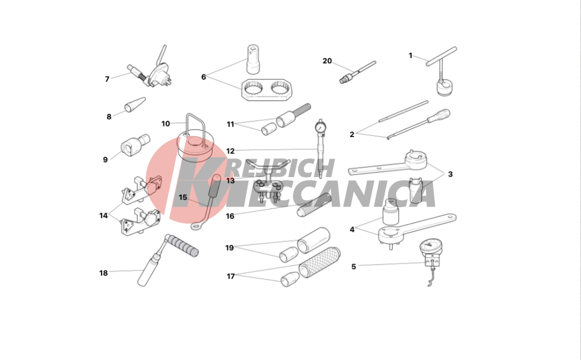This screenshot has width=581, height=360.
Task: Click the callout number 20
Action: click(x=327, y=61)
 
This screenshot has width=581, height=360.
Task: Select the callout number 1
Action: click(x=411, y=56)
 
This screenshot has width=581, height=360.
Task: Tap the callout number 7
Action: click(x=107, y=79)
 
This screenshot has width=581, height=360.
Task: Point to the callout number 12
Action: click(x=230, y=151)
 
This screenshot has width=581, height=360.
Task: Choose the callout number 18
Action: click(x=103, y=273)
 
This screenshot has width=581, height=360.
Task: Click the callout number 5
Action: click(x=353, y=267)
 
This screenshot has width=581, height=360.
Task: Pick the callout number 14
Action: click(x=103, y=215)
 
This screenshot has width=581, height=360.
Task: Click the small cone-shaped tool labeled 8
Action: click(x=135, y=105)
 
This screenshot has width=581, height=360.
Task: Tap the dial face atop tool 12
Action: click(x=320, y=128)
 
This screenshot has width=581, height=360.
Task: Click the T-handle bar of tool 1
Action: click(x=442, y=56)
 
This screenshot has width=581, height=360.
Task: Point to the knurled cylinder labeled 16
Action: click(x=313, y=205)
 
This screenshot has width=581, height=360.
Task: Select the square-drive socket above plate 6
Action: click(x=253, y=59)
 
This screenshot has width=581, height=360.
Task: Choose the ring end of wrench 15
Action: click(x=196, y=225)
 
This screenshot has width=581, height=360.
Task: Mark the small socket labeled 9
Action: click(x=135, y=145)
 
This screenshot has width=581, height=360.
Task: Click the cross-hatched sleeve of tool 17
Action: click(x=320, y=262)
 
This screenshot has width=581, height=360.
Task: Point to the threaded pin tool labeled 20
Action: click(x=357, y=72)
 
